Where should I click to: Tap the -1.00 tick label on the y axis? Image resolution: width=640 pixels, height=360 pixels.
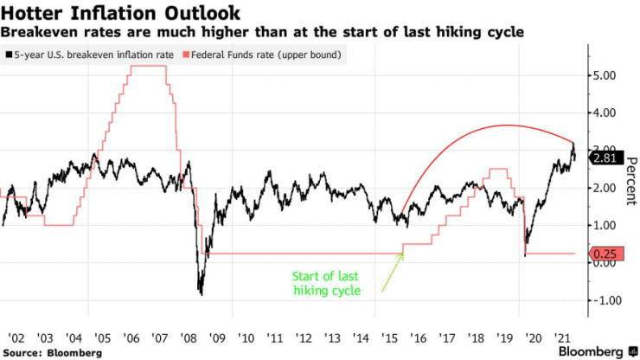[601, 300]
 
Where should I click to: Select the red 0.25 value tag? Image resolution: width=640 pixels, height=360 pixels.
[603, 254]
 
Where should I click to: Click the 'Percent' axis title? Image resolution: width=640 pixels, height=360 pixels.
[630, 182]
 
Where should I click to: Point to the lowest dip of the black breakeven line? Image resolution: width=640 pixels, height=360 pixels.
[201, 294]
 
